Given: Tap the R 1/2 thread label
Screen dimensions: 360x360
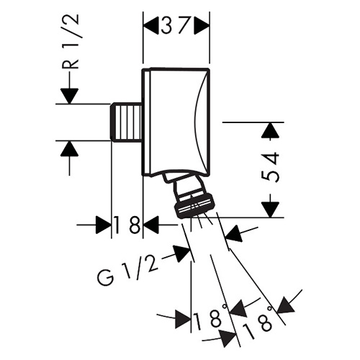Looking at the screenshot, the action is (71, 42).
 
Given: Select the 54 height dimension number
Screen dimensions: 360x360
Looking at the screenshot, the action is (271, 167).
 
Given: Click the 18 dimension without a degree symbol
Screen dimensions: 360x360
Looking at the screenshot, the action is (127, 225).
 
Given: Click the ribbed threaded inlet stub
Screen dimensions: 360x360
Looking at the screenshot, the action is (126, 122).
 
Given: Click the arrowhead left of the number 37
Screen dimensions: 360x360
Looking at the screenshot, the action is (151, 24).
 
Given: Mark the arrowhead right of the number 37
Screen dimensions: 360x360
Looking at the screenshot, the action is (202, 24).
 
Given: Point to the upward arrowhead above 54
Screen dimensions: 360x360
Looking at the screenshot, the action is (271, 131).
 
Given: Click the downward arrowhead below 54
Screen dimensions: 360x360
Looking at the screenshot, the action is (271, 210).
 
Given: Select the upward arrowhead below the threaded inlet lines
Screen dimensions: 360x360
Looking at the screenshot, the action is (69, 149).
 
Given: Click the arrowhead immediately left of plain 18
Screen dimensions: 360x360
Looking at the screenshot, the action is (104, 225).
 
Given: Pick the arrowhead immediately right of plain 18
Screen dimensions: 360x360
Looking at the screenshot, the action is (151, 225).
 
